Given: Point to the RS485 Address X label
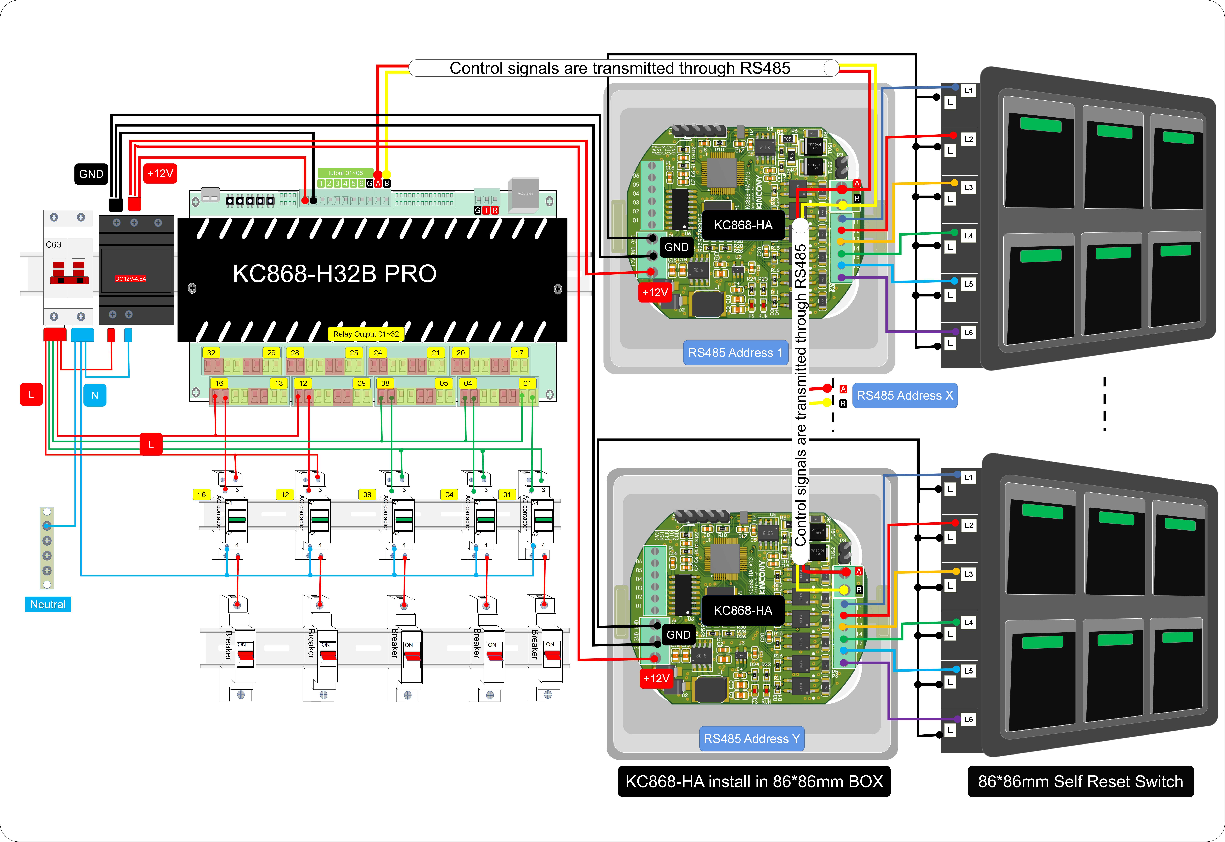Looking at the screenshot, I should [905, 396].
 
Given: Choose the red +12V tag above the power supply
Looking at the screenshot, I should [160, 174].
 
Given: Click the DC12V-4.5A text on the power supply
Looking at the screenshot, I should [130, 279].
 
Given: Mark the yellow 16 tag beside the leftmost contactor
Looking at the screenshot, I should [202, 494].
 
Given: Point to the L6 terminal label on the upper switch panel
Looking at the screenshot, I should [968, 332].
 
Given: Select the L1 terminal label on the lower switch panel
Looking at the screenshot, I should [968, 477].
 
